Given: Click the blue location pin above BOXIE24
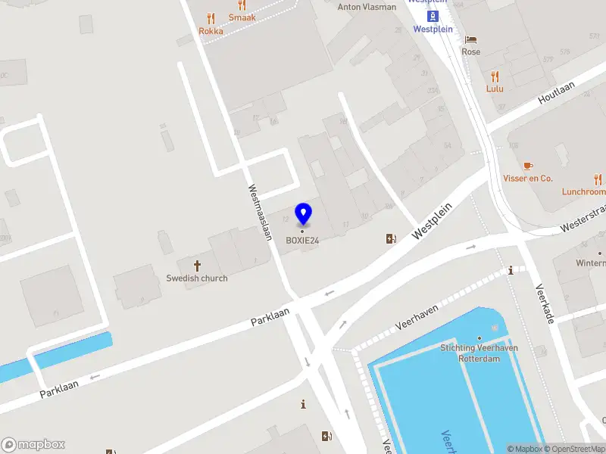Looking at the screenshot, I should (x=303, y=213).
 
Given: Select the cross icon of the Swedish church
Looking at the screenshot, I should (x=198, y=266).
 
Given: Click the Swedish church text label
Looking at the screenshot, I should (x=197, y=278).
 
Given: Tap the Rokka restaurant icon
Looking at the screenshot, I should (x=211, y=19).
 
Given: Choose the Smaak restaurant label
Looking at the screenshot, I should (x=242, y=17).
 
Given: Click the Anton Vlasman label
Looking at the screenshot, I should (x=367, y=7).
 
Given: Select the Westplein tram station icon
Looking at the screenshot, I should (x=433, y=17).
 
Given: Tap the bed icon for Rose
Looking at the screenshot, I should (x=471, y=40).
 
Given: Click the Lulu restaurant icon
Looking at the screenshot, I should (x=495, y=76).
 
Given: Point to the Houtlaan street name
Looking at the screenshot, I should (x=556, y=93).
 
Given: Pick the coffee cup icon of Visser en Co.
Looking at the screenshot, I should (x=528, y=166).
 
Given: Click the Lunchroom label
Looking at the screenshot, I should (x=583, y=192).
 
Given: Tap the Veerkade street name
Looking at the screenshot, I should (x=545, y=303).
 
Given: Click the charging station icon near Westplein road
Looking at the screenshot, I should (x=391, y=239).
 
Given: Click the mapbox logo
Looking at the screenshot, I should (x=33, y=445).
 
